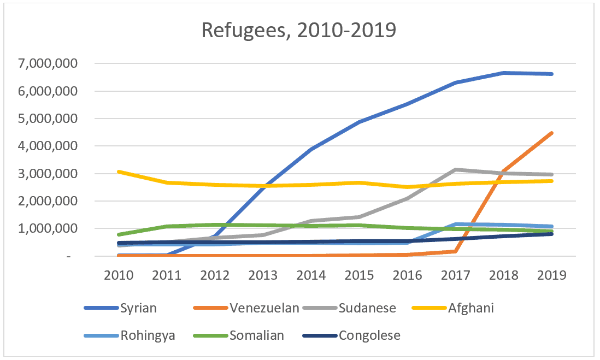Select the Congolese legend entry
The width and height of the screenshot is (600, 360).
[x=369, y=335]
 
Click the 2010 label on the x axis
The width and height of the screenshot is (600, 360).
[x=119, y=275]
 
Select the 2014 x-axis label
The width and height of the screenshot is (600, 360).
[x=311, y=275]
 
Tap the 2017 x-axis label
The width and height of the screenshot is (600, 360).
[x=456, y=275]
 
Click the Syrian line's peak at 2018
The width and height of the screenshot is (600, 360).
[x=504, y=73]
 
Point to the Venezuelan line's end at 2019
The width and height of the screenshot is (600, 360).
[x=552, y=133]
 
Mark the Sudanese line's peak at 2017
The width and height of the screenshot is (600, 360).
[x=456, y=169]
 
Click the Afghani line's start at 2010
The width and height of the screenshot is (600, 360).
[x=119, y=172]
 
